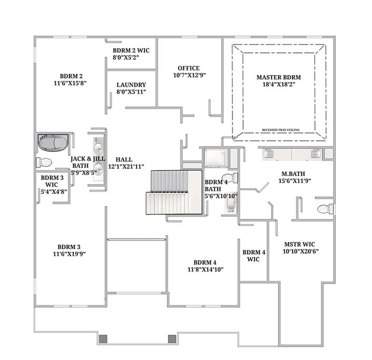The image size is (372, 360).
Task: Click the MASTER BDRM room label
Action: tap(278, 77)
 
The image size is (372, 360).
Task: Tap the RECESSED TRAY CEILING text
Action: tap(281, 130)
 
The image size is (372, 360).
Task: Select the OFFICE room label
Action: tap(188, 68)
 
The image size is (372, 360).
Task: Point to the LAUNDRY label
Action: tap(131, 85)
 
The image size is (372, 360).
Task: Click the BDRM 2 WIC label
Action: tap(131, 50)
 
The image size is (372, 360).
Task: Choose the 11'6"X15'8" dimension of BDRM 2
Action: tap(71, 82)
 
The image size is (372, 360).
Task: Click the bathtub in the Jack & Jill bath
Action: tap(52, 142)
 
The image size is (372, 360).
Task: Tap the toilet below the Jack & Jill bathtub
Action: tap(45, 162)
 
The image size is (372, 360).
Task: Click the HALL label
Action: tap(124, 159)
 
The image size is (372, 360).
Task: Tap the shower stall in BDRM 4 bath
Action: tap(216, 158)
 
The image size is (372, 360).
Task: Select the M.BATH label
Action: tap(294, 173)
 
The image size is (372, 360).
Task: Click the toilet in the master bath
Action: tap(324, 209)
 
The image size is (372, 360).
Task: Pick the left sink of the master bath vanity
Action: tap(269, 154)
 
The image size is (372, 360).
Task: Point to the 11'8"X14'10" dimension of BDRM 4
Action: tap(205, 269)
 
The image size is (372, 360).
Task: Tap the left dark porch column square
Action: tap(103, 338)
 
